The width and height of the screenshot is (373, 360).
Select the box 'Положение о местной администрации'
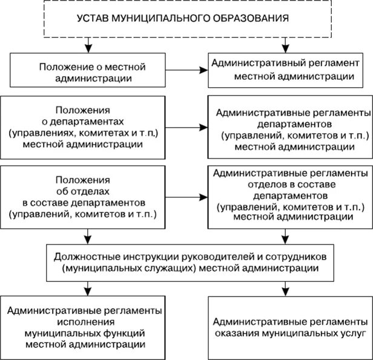coord(89,71)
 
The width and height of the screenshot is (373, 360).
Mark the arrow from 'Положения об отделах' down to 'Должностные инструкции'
coord(89,233)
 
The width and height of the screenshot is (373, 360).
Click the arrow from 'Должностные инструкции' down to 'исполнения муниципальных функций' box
coord(89,285)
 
